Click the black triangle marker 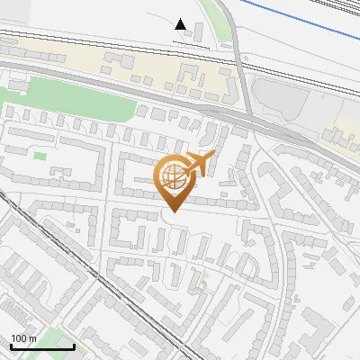pos(181,25)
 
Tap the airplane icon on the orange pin pos(200,164)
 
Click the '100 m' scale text pos(22,338)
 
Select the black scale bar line pos(41,346)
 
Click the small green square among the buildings pos(40,157)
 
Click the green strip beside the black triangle pos(209,18)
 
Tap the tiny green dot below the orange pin pos(205,275)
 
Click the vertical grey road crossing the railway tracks pos(240,81)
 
